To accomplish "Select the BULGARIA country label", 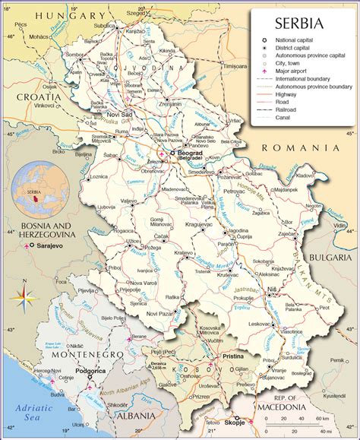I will pyautogui.click(x=331, y=258).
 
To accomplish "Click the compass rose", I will pyautogui.click(x=27, y=293).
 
